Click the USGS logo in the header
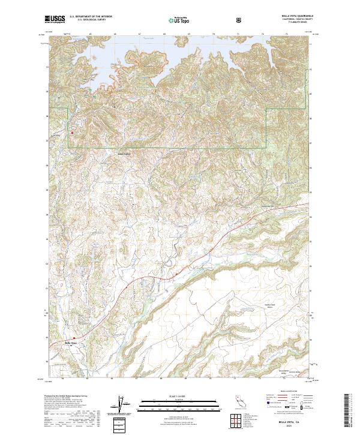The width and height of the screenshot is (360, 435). (55, 20)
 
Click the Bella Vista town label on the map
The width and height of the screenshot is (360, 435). (71, 343)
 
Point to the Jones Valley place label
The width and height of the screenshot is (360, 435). (124, 153)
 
